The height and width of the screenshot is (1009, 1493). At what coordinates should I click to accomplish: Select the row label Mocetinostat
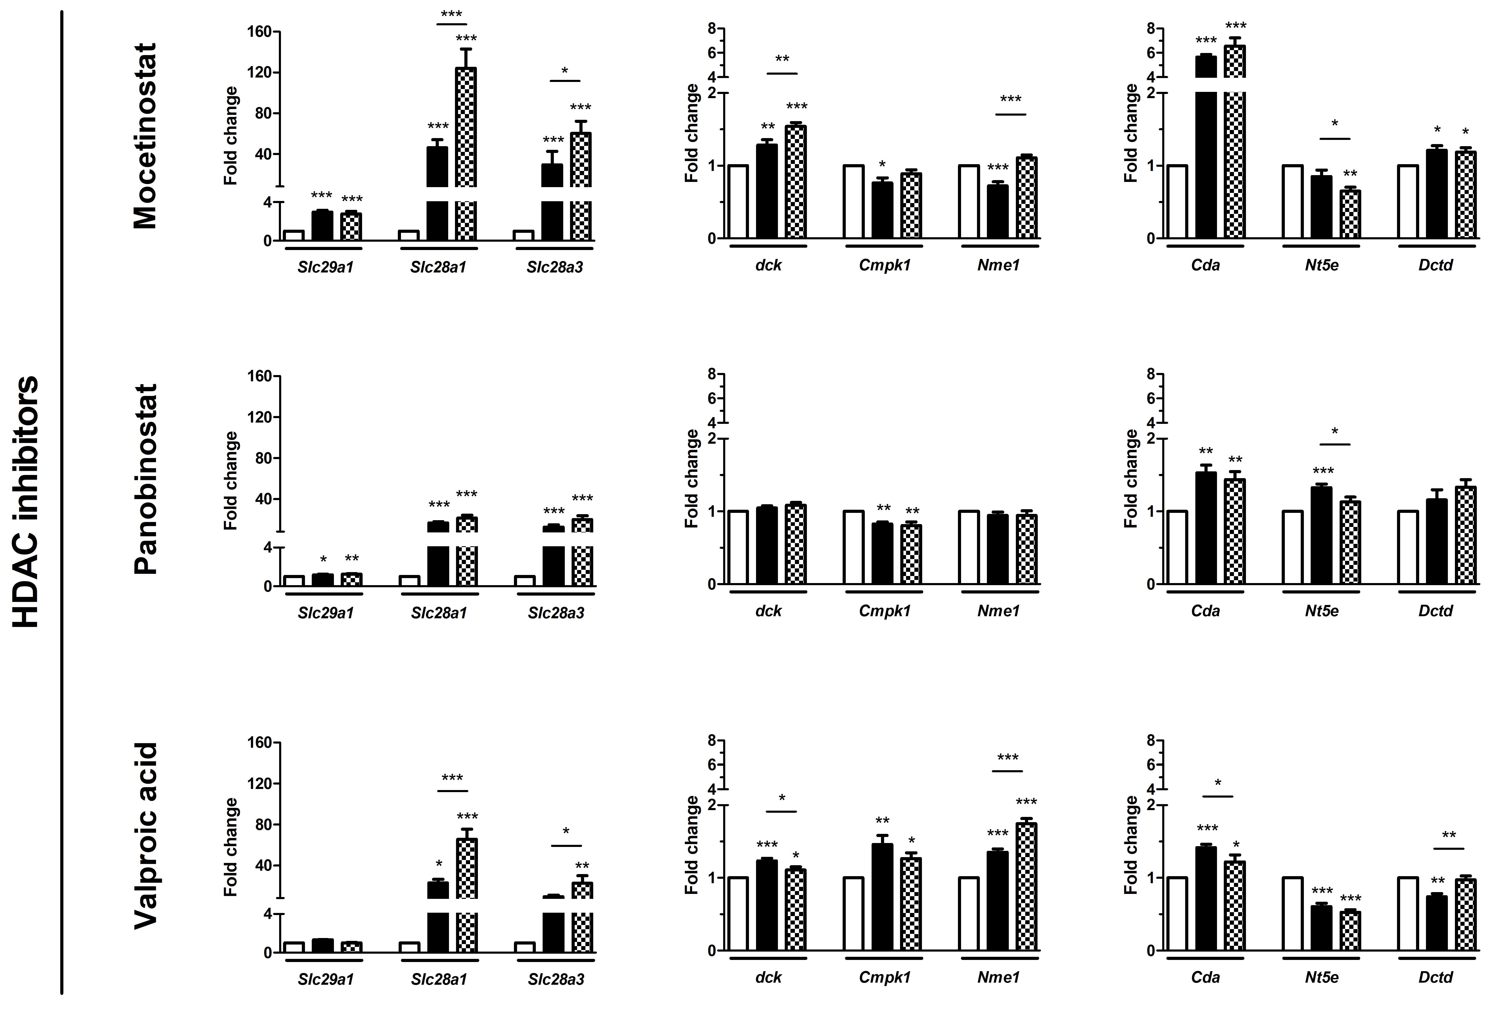(x=145, y=136)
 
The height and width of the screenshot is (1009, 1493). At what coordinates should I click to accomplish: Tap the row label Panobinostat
(x=145, y=479)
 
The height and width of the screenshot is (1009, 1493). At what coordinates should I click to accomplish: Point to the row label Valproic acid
(x=145, y=835)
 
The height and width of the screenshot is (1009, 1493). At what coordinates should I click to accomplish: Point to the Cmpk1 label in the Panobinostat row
(x=885, y=611)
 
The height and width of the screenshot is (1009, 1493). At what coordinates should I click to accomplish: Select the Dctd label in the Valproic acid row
(x=1435, y=977)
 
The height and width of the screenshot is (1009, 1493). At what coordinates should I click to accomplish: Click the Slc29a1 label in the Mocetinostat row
(x=326, y=267)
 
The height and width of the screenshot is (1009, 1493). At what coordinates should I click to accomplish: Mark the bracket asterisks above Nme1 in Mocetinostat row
(x=1011, y=100)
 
